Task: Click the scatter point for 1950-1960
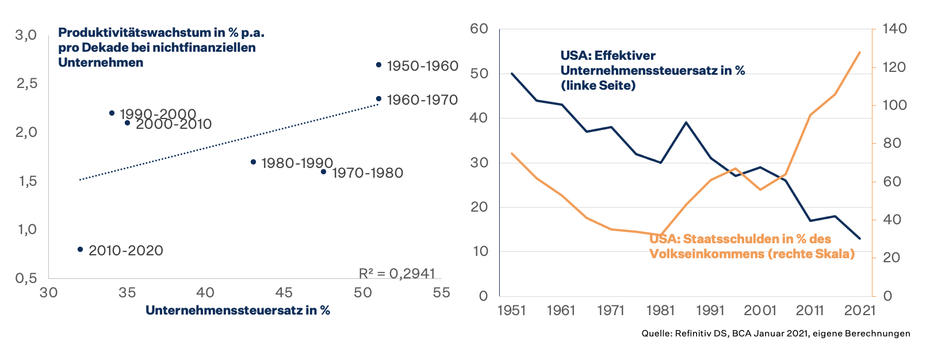[x=378, y=65]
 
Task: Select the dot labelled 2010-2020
[x=80, y=250]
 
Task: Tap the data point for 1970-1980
[x=323, y=171]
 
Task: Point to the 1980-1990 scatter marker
[x=253, y=162]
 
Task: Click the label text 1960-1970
[x=422, y=100]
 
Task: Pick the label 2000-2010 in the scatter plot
[x=174, y=124]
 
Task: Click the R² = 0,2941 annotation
[x=397, y=274]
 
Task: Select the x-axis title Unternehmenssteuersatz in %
[x=238, y=311]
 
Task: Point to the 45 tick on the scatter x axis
[x=284, y=293]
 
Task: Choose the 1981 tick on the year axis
[x=660, y=311]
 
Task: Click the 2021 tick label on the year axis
[x=860, y=311]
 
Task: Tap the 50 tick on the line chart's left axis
[x=479, y=74]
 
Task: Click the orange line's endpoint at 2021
[x=860, y=52]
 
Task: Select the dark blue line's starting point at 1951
[x=512, y=73]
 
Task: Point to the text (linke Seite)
[x=598, y=86]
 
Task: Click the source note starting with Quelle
[x=776, y=334]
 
